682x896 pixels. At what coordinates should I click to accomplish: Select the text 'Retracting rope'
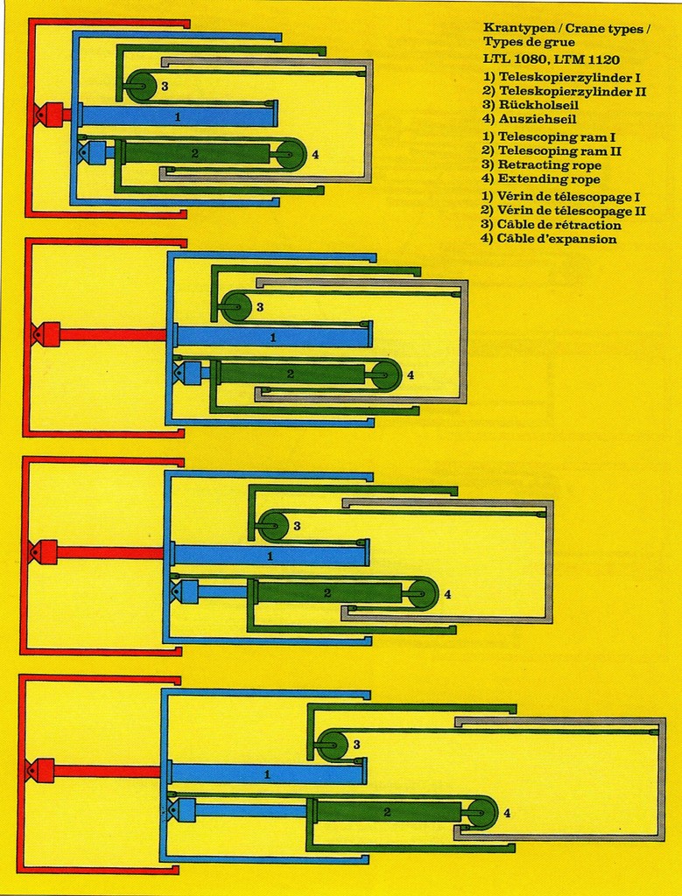tap(549, 165)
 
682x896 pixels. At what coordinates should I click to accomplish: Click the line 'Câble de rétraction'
tap(559, 225)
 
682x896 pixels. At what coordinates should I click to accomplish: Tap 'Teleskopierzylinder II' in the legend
tap(573, 91)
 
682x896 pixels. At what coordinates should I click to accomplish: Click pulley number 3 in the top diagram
tap(141, 87)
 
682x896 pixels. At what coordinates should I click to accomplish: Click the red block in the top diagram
tap(51, 115)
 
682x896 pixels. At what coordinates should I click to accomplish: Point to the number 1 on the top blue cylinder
tap(178, 115)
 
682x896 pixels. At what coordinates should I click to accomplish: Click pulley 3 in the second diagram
tap(236, 307)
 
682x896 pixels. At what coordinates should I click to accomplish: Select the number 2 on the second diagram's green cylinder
tap(290, 374)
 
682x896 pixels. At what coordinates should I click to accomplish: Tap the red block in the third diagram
tap(45, 552)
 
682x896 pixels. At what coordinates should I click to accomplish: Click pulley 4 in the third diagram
tap(422, 593)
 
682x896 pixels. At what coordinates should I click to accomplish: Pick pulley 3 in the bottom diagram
tap(331, 745)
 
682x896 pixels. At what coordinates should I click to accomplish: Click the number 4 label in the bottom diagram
tap(507, 813)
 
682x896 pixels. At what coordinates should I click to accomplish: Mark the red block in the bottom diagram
tap(41, 770)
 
